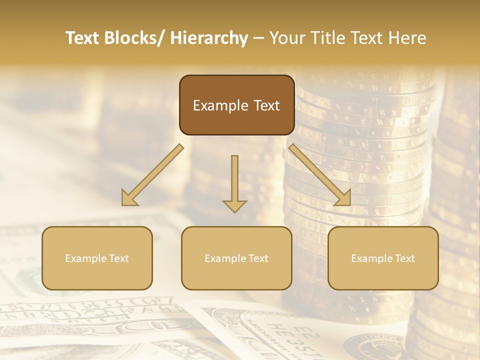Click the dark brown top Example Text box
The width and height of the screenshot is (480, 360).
click(x=236, y=105)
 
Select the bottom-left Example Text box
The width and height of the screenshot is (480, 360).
click(x=97, y=258)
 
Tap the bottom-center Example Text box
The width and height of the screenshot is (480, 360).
click(x=236, y=258)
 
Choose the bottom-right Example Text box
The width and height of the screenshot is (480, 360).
click(x=383, y=258)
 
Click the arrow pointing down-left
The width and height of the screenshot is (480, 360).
click(x=152, y=175)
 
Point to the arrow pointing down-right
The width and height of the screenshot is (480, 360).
click(x=320, y=175)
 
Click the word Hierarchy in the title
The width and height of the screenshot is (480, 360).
click(x=208, y=38)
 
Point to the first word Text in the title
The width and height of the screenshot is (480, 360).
click(x=83, y=38)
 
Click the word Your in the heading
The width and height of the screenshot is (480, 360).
click(x=287, y=38)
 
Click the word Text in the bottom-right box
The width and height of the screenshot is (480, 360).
click(x=404, y=258)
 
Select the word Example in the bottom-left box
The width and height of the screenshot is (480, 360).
click(x=86, y=258)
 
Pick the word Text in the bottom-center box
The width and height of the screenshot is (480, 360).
click(x=258, y=258)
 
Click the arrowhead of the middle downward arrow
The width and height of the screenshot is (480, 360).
click(x=234, y=205)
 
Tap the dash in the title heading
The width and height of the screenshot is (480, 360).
click(x=258, y=38)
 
